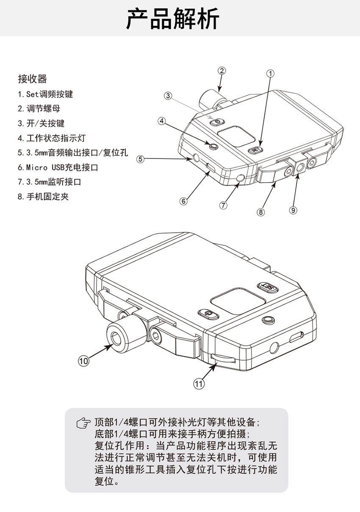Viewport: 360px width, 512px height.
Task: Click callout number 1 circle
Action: [x=270, y=73]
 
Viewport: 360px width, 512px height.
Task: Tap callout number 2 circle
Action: [x=222, y=71]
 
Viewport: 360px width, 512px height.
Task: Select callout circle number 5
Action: [x=141, y=159]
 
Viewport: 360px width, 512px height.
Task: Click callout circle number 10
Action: [x=84, y=360]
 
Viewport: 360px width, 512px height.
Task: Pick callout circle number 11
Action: [x=199, y=384]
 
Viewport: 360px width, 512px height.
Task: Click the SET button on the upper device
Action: [x=255, y=150]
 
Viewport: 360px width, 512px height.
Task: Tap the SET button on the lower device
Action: [x=268, y=287]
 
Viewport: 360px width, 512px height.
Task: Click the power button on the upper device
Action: [x=216, y=122]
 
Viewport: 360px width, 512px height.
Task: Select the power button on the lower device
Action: [x=208, y=314]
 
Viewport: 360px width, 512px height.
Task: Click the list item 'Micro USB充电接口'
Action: [x=58, y=167]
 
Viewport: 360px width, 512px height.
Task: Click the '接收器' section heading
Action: [x=32, y=79]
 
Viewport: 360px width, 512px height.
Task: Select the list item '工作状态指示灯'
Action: [x=52, y=138]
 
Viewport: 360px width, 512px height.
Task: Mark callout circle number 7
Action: [x=223, y=205]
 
